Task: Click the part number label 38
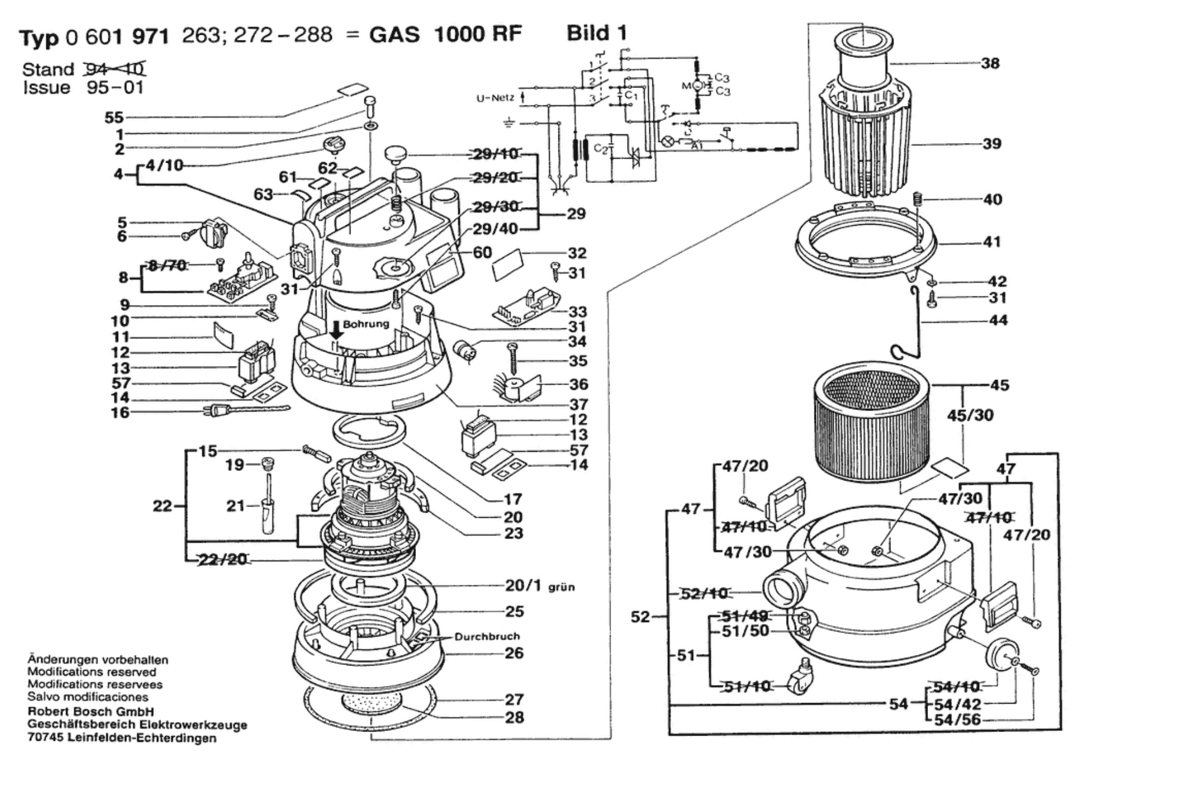(990, 63)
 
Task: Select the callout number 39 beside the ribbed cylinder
(992, 144)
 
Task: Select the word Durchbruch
(487, 637)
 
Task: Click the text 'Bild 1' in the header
(597, 33)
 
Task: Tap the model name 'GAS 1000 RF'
(445, 35)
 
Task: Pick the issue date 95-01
(115, 88)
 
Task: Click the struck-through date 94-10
(115, 70)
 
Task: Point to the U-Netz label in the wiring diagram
(495, 98)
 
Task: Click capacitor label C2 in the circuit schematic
(601, 150)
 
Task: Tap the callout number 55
(114, 118)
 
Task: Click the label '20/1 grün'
(539, 586)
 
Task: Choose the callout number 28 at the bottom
(514, 717)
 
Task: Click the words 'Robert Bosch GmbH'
(91, 712)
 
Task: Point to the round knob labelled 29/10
(396, 155)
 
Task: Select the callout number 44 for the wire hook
(997, 320)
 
